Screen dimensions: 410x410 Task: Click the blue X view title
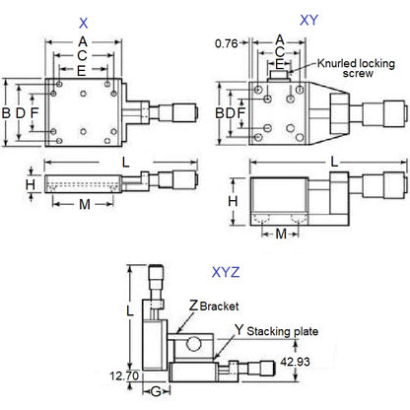pyautogui.click(x=83, y=20)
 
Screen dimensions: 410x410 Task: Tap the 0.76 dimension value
pyautogui.click(x=226, y=42)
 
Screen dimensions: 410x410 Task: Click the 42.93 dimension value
pyautogui.click(x=295, y=362)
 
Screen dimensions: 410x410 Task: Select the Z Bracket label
pyautogui.click(x=213, y=307)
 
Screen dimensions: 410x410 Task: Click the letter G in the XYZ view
pyautogui.click(x=157, y=392)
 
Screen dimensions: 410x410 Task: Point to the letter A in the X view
pyautogui.click(x=82, y=40)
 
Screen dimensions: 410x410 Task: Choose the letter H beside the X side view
pyautogui.click(x=30, y=183)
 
